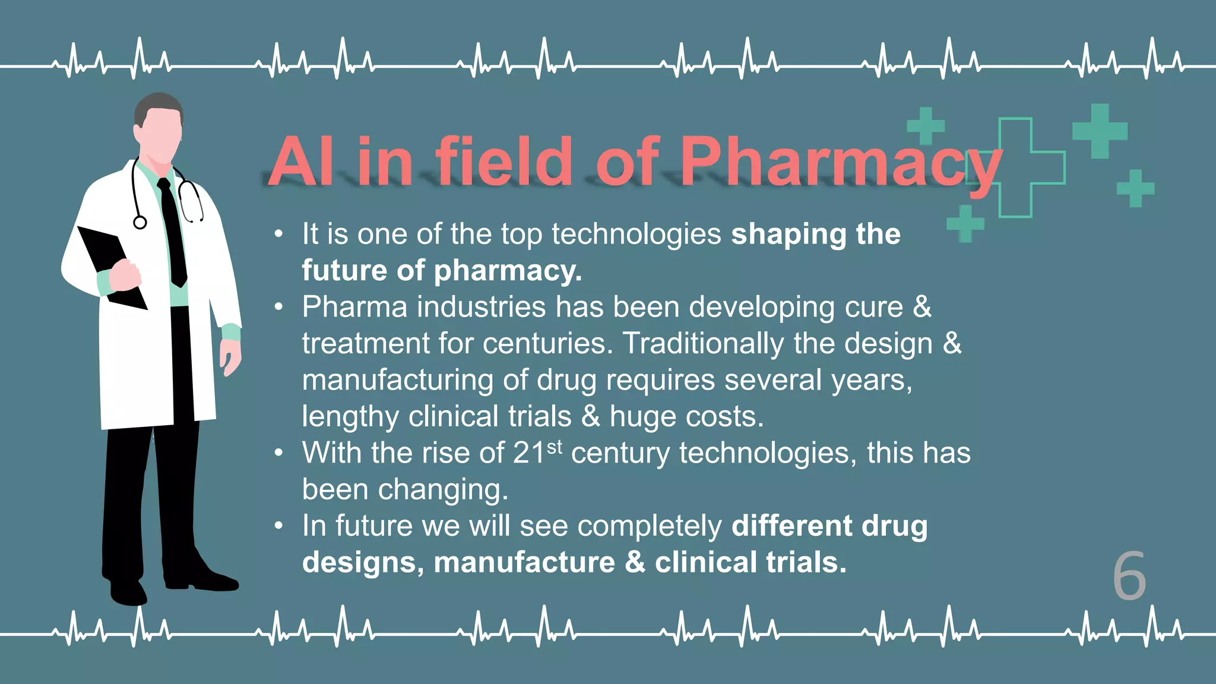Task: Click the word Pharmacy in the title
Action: (840, 161)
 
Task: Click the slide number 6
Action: (1129, 576)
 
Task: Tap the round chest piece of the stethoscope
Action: (140, 223)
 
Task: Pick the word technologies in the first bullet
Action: (636, 234)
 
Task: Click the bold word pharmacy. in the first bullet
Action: (508, 271)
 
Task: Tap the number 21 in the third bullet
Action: (529, 454)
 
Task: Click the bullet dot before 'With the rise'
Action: (279, 454)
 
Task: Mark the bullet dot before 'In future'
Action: (279, 526)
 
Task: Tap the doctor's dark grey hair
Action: (158, 104)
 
